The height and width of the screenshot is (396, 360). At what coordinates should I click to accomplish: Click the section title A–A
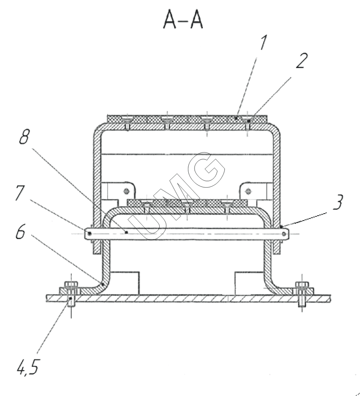(183, 20)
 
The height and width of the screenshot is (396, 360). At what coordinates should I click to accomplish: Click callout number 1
(263, 43)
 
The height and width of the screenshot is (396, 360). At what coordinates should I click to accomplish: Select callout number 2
(302, 61)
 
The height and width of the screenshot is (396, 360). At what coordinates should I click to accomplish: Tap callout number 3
(338, 202)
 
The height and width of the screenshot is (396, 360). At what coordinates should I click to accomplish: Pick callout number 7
(20, 193)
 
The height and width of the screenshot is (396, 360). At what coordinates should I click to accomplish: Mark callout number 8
(24, 137)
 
